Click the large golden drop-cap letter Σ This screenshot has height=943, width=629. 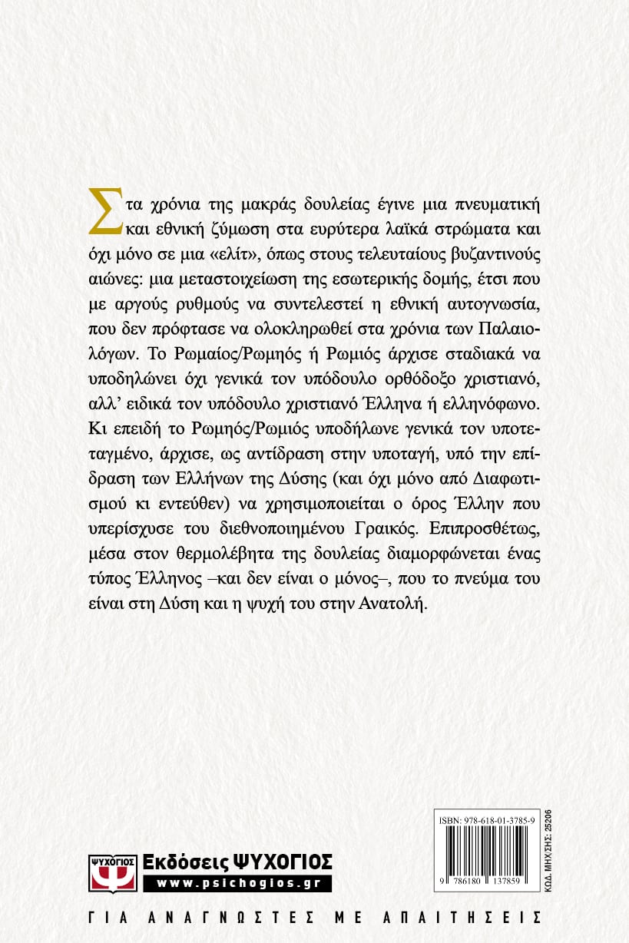click(x=105, y=209)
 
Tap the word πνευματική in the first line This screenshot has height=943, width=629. click(x=498, y=203)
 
